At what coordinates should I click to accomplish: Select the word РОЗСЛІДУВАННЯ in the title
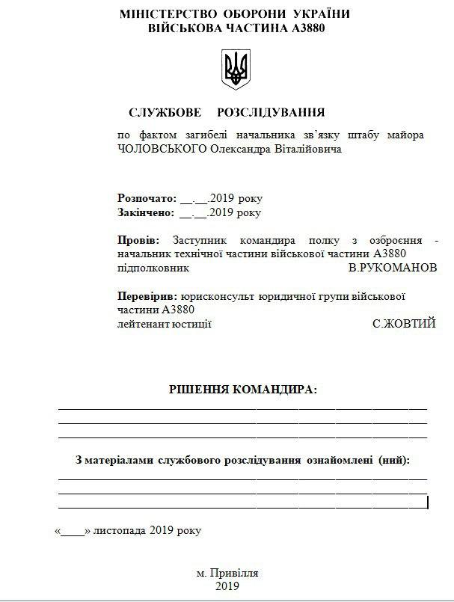[271, 113]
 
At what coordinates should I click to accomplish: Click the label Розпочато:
[147, 198]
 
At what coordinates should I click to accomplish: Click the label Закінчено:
[146, 212]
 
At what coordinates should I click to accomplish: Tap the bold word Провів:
[138, 241]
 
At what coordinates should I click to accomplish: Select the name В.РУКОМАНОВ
[393, 267]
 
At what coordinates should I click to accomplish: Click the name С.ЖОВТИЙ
[404, 324]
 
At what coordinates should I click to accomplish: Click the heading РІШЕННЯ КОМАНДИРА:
[242, 390]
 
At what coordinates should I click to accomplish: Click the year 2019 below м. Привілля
[227, 586]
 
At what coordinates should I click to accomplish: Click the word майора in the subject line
[407, 135]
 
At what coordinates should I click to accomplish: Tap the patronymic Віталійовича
[307, 150]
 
